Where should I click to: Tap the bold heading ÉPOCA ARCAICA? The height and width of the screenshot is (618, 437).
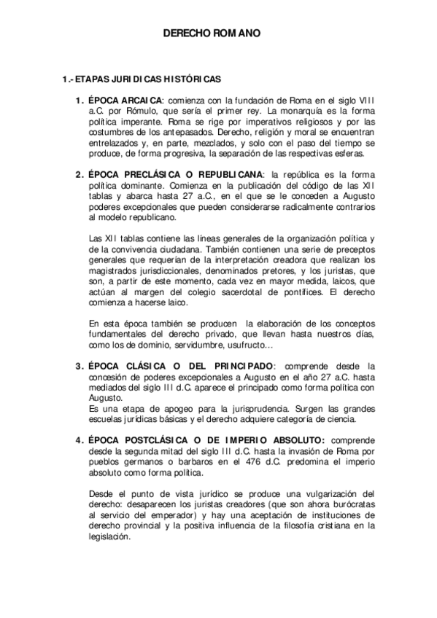click(x=123, y=101)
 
